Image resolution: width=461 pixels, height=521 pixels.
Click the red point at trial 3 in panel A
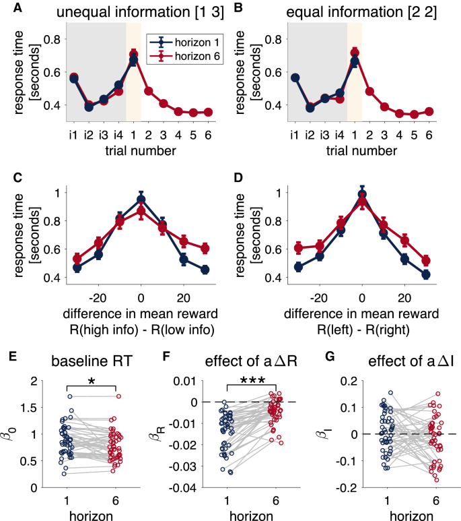click(x=163, y=103)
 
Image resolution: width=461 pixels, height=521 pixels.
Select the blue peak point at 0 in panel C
click(x=141, y=200)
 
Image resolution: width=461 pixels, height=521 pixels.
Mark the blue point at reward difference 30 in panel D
click(x=425, y=274)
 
